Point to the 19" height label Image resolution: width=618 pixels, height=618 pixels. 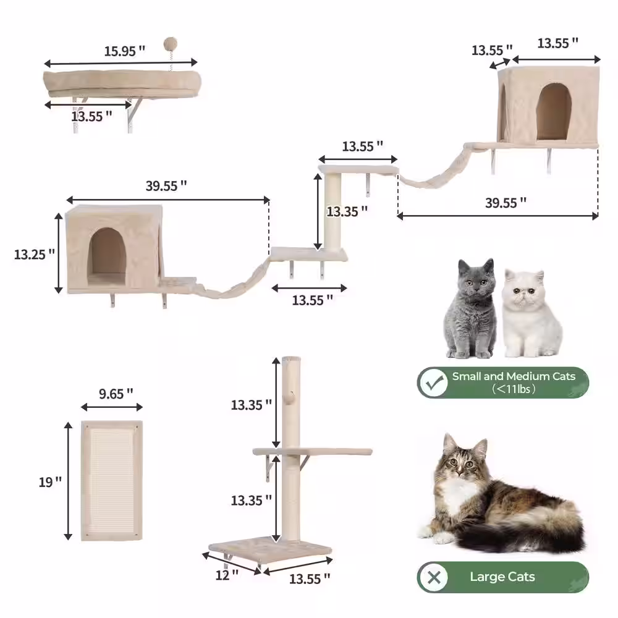[50, 482]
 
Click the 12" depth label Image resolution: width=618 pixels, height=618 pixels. [227, 575]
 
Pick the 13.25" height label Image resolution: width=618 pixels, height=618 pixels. [35, 253]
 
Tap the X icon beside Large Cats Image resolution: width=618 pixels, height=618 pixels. [435, 578]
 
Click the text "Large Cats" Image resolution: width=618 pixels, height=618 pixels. [502, 577]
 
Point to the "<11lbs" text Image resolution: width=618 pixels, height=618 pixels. [514, 389]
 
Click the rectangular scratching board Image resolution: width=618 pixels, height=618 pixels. [112, 481]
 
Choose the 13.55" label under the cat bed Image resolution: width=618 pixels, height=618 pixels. [91, 115]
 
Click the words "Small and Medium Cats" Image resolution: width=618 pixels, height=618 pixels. [513, 376]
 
